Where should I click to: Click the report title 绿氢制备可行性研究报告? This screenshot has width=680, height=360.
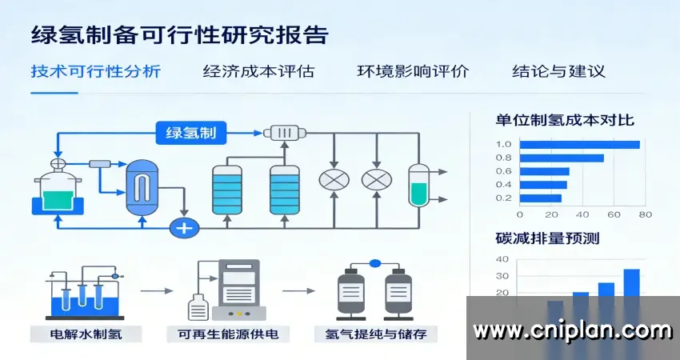pyautogui.click(x=179, y=35)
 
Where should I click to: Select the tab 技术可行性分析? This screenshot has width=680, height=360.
pyautogui.click(x=96, y=70)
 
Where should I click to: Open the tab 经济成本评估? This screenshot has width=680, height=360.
pyautogui.click(x=258, y=70)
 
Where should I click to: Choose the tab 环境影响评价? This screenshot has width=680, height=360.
pyautogui.click(x=413, y=70)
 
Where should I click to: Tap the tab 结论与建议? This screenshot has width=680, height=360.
pyautogui.click(x=558, y=70)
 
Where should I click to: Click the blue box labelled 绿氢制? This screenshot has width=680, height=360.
pyautogui.click(x=191, y=132)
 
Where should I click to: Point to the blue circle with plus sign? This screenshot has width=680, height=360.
pyautogui.click(x=185, y=228)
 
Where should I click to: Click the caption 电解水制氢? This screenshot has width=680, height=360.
pyautogui.click(x=86, y=333)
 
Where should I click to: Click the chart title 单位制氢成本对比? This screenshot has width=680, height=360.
pyautogui.click(x=565, y=120)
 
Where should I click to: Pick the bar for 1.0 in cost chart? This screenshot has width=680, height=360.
pyautogui.click(x=579, y=144)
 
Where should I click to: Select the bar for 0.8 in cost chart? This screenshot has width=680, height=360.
pyautogui.click(x=562, y=158)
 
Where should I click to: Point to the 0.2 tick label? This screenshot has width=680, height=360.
pyautogui.click(x=503, y=198)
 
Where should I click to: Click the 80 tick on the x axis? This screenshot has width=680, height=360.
pyautogui.click(x=645, y=214)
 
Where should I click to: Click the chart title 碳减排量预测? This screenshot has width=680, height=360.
pyautogui.click(x=547, y=238)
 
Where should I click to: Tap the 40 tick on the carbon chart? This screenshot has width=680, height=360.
pyautogui.click(x=502, y=259)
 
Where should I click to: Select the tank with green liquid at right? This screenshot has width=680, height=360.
pyautogui.click(x=418, y=186)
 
